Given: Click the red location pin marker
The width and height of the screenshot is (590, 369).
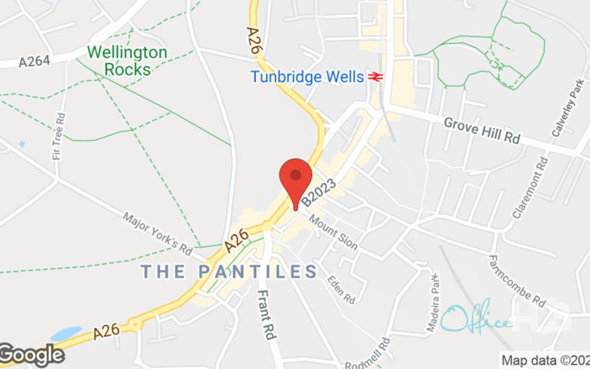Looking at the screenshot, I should (x=296, y=178).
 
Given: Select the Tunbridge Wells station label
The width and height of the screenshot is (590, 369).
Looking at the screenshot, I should (x=307, y=77).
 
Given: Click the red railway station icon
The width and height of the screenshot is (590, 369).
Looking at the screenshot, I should (x=375, y=77).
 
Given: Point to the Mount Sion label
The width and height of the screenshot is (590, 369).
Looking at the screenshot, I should (x=333, y=232).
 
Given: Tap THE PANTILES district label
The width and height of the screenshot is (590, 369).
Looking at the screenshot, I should (x=229, y=272).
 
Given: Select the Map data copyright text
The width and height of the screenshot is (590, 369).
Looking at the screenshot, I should (x=546, y=361).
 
